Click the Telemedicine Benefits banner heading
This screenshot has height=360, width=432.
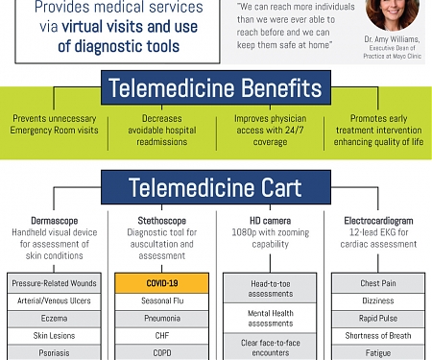point(215,89)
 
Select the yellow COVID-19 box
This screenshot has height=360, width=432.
point(161,283)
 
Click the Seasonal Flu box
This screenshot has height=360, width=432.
point(161,300)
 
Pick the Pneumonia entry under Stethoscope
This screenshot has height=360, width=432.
point(161,318)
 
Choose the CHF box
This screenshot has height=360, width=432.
point(161,335)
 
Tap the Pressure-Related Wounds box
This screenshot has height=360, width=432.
point(54,283)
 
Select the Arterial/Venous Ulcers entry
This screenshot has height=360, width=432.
point(54,300)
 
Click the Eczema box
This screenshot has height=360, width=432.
point(54,318)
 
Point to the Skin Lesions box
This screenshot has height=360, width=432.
point(54,335)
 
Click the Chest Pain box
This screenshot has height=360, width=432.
point(377,283)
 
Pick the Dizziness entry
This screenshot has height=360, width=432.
point(377,300)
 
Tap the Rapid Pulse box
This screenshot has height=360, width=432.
point(377,318)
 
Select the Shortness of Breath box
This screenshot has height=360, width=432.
point(377,335)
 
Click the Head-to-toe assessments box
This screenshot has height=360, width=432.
point(270,289)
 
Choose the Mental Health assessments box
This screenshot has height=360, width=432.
point(270,318)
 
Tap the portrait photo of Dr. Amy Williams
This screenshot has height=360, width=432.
point(392,12)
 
